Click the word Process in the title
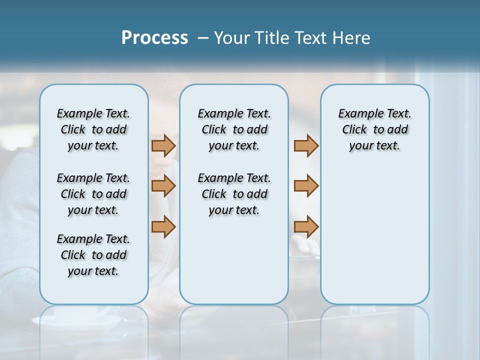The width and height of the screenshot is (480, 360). pos(154,38)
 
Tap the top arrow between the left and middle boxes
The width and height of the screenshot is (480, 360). pos(163,146)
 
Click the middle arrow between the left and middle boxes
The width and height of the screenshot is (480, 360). pos(163,186)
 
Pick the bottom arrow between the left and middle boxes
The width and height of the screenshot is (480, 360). pos(163,226)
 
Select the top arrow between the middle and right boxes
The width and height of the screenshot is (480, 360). pos(306,146)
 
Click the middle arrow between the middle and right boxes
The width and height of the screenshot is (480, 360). pos(306,186)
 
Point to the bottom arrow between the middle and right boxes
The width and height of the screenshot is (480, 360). pos(306,226)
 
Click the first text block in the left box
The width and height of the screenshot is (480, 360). pos(93,129)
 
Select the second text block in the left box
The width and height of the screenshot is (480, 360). pos(93,194)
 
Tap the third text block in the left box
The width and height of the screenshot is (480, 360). pos(93,255)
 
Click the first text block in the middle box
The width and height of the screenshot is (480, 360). pos(234,129)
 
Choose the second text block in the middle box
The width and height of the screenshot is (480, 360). pos(234,194)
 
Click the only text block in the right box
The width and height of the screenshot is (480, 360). pos(374,129)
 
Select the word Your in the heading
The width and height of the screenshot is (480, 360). pos(230,38)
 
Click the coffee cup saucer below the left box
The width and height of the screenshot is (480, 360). pos(75,320)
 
